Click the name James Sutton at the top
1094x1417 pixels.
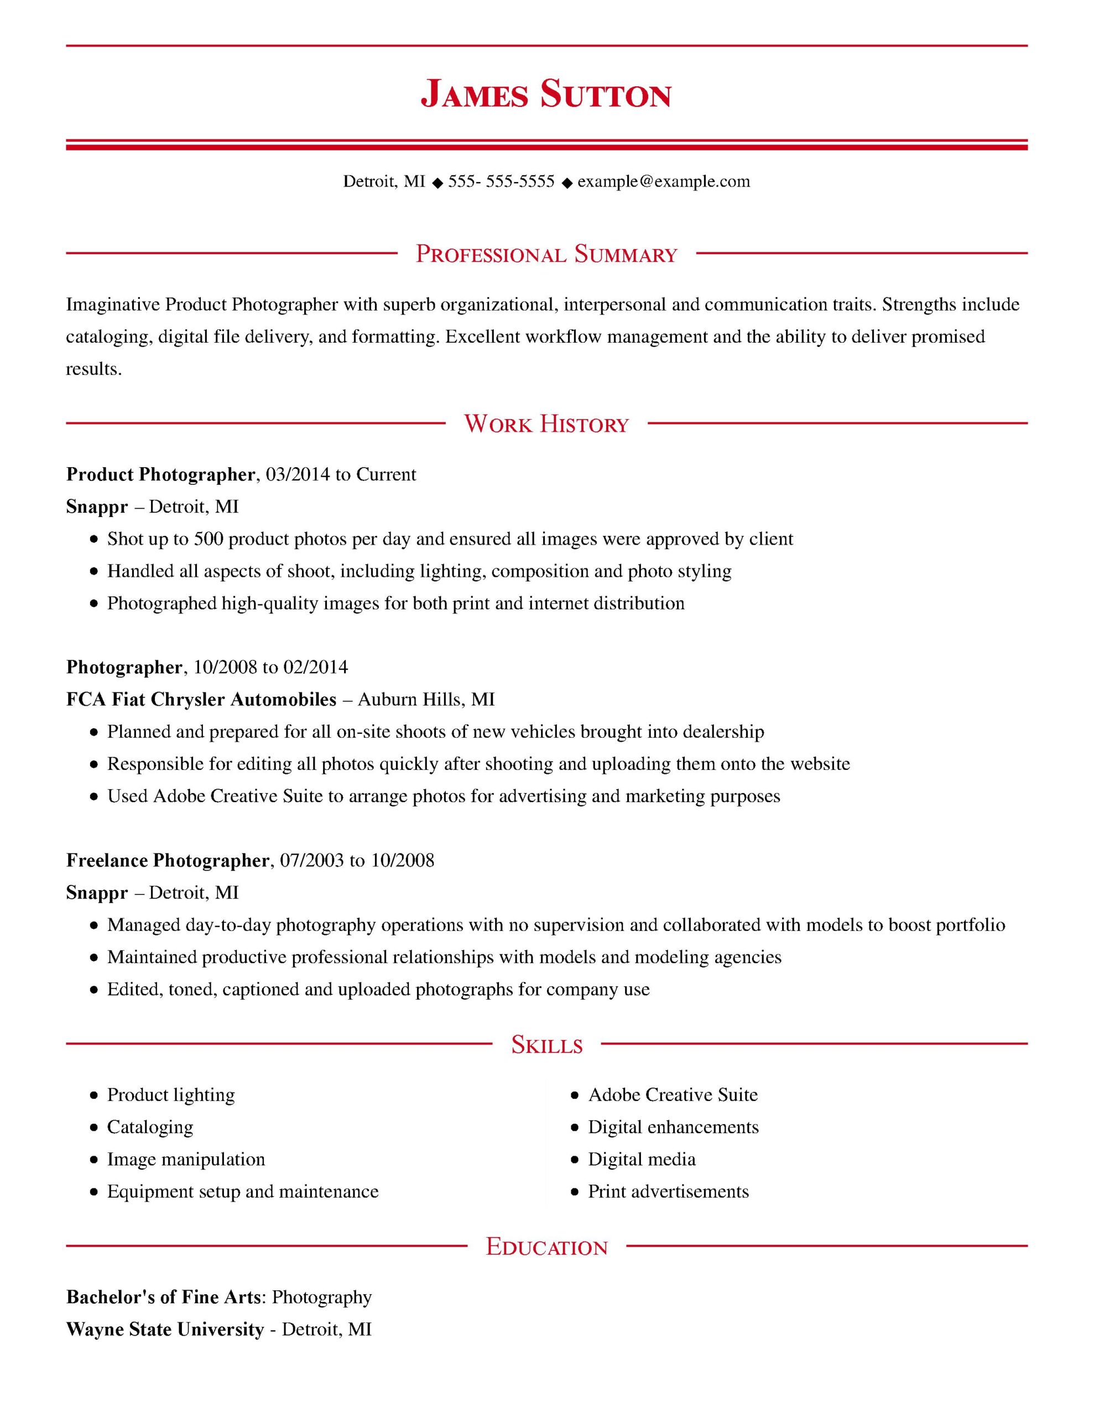pyautogui.click(x=546, y=95)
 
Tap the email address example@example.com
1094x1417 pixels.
pyautogui.click(x=663, y=181)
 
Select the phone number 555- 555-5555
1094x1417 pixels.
pyautogui.click(x=501, y=181)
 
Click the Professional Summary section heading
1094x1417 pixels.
pyautogui.click(x=546, y=254)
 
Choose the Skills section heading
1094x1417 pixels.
pyautogui.click(x=546, y=1044)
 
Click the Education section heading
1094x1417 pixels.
pyautogui.click(x=546, y=1247)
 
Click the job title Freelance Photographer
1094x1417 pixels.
pyautogui.click(x=168, y=860)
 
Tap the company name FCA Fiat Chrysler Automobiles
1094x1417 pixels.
pyautogui.click(x=201, y=700)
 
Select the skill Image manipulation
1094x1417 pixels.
pyautogui.click(x=186, y=1160)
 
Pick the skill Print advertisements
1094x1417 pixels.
pyautogui.click(x=668, y=1191)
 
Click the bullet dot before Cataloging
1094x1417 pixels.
pyautogui.click(x=95, y=1128)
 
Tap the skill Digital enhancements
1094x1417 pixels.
pyautogui.click(x=673, y=1127)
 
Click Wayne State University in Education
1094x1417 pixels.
pyautogui.click(x=165, y=1330)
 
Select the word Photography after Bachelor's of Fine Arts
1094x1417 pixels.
pyautogui.click(x=322, y=1297)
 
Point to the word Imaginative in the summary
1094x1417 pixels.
pyautogui.click(x=113, y=304)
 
